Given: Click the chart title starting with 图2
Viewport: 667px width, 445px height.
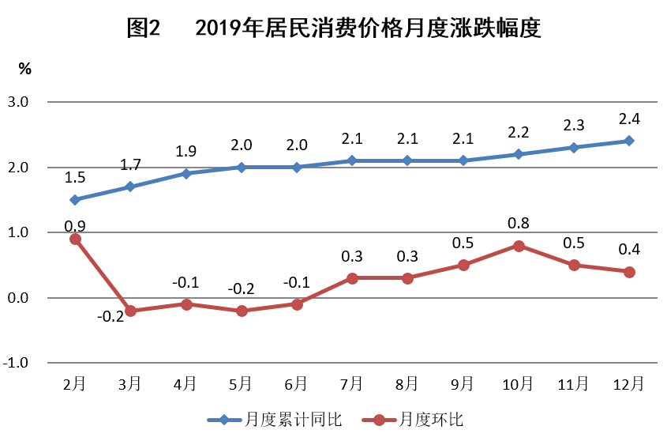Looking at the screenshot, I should pos(333,29).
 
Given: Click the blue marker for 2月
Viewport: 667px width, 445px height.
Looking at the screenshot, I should pos(75,200).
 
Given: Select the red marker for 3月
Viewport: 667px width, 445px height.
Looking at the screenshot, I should pos(130,311).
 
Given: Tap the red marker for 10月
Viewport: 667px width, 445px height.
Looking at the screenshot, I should pos(519,246).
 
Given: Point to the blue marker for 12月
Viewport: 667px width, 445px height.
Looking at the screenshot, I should pos(629,141).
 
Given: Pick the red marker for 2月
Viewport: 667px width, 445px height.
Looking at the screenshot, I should pos(75,239).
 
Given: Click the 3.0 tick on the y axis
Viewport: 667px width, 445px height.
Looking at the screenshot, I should pos(19,102).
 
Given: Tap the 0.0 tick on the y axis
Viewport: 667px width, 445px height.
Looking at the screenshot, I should pos(19,298).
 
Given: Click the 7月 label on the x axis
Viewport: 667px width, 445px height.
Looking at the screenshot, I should pos(352,384).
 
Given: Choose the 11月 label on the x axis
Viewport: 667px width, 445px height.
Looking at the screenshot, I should pos(574,384).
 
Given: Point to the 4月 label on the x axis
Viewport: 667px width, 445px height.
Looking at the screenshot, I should pos(185,384).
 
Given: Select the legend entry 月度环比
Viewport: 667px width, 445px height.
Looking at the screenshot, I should pos(431,420).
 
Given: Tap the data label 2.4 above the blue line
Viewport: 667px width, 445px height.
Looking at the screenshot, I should pos(629,119).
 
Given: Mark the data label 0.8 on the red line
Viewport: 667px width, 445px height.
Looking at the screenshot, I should pos(519,224).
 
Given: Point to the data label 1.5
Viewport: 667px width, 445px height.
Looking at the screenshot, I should pos(75,179).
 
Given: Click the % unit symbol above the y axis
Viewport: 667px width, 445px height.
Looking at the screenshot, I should pos(25,69).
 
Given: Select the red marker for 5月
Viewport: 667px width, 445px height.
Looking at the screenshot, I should pos(242,311).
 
